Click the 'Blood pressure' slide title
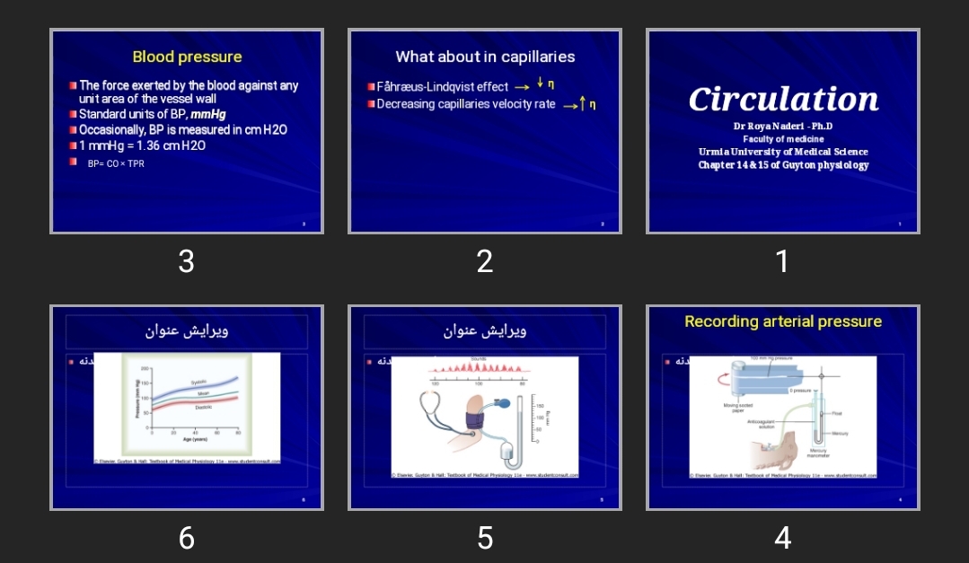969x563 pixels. (x=187, y=57)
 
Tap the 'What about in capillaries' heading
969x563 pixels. (x=485, y=57)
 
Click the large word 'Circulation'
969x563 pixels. (x=783, y=99)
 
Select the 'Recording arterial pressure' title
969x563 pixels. (x=783, y=321)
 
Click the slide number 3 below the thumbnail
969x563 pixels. (x=186, y=261)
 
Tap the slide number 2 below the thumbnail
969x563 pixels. (x=485, y=261)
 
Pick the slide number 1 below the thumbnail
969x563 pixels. (x=782, y=261)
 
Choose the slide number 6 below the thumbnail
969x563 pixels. (x=186, y=538)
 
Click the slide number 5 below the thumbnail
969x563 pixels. (x=485, y=538)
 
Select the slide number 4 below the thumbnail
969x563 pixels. (x=782, y=538)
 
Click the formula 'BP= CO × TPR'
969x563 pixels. (x=116, y=164)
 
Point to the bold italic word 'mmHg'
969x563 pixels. (x=208, y=115)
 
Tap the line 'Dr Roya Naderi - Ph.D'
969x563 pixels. (x=783, y=127)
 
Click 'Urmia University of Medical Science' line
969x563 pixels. (x=783, y=152)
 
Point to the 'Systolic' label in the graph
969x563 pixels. (x=198, y=382)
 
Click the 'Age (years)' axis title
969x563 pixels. (x=195, y=439)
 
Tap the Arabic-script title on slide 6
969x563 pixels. (x=187, y=330)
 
